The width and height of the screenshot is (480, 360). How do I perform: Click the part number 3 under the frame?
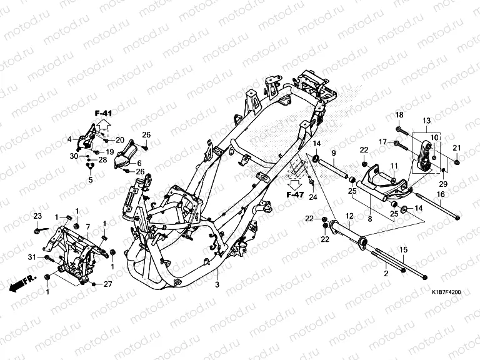(217, 286)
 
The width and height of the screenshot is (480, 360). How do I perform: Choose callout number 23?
(37, 216)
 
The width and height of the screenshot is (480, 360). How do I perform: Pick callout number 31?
(31, 257)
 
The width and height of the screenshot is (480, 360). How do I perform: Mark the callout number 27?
(107, 284)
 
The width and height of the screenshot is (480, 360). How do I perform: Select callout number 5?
(90, 180)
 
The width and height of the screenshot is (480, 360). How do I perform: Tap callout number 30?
(73, 156)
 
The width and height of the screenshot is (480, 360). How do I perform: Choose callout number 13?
(426, 121)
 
